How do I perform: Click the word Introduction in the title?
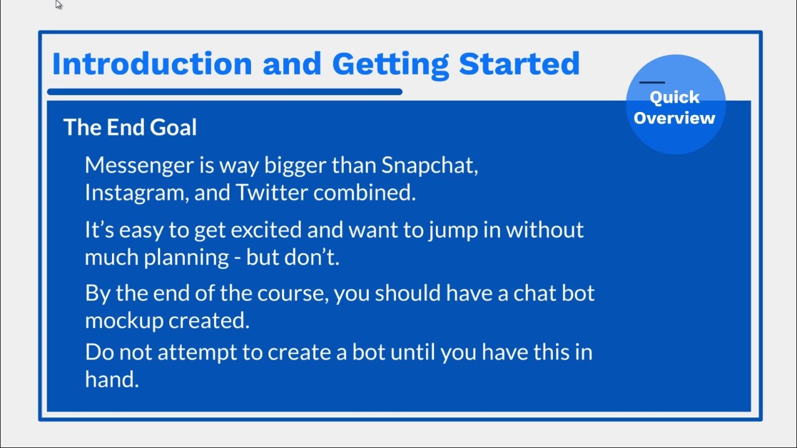pyautogui.click(x=152, y=63)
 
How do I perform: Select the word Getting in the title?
pyautogui.click(x=390, y=65)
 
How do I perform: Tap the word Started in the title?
pyautogui.click(x=519, y=63)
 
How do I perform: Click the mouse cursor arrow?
pyautogui.click(x=59, y=4)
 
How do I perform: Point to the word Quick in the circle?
pyautogui.click(x=674, y=98)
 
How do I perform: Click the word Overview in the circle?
pyautogui.click(x=674, y=118)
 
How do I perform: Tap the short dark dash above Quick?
pyautogui.click(x=652, y=82)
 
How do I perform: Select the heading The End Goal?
pyautogui.click(x=130, y=127)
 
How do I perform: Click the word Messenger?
pyautogui.click(x=139, y=166)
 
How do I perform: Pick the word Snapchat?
pyautogui.click(x=430, y=166)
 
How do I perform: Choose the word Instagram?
pyautogui.click(x=136, y=194)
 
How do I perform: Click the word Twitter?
pyautogui.click(x=271, y=192)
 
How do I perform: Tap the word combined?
pyautogui.click(x=364, y=192)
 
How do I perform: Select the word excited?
pyautogui.click(x=266, y=230)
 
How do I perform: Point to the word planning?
pyautogui.click(x=186, y=258)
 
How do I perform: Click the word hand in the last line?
pyautogui.click(x=111, y=379)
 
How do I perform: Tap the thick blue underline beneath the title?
pyautogui.click(x=225, y=91)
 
